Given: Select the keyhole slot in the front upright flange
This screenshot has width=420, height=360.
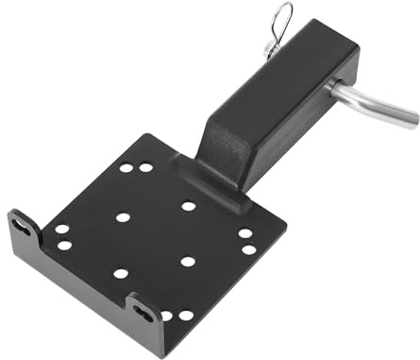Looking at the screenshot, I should coord(142,309).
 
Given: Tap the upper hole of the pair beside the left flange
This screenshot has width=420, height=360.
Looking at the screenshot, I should coord(61,229).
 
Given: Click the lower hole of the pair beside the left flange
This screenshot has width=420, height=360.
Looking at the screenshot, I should coord(64,246).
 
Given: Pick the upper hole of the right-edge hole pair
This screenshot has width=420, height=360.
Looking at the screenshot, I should coord(244,233).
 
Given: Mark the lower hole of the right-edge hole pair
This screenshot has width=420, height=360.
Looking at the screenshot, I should coord(249,250).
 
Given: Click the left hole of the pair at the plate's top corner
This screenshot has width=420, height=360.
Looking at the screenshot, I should coord(126,168).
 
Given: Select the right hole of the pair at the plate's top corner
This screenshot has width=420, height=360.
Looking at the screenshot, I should coord(146,167).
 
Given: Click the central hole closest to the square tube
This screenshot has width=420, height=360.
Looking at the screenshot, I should coord(188,206).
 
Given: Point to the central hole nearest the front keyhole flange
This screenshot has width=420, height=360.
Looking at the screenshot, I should coord(121,274).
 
